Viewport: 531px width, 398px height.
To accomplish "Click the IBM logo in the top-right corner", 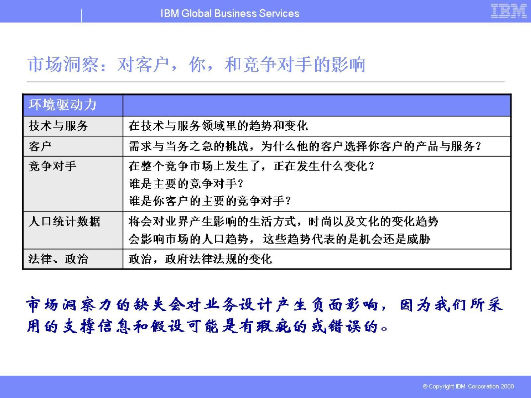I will (x=508, y=11).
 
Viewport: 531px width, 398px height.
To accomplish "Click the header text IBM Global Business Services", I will (x=230, y=13).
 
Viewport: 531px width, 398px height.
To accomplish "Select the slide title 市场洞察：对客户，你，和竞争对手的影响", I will (x=196, y=64).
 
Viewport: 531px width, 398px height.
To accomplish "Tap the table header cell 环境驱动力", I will (x=62, y=105).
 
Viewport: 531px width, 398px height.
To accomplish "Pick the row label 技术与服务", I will (x=58, y=126).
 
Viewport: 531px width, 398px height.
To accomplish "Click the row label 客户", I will (x=40, y=146).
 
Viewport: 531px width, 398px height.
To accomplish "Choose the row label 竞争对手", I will (x=52, y=166).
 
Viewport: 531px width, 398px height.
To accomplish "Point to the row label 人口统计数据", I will (x=64, y=221).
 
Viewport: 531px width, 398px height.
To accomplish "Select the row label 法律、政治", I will (x=58, y=259).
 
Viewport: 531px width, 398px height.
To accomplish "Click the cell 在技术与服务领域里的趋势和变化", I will (x=218, y=126).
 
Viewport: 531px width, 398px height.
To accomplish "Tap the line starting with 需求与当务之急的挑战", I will (x=305, y=146).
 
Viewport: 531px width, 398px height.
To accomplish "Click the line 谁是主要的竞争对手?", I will (x=186, y=183).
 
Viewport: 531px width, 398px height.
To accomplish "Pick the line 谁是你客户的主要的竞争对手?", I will (x=210, y=201).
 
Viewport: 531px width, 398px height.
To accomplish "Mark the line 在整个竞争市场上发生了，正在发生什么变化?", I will (x=252, y=166).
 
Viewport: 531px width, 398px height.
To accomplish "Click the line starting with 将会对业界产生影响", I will (x=283, y=221).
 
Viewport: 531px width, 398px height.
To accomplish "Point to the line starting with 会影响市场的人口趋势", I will (x=279, y=239).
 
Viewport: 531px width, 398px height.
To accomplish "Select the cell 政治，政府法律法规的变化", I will (x=200, y=259).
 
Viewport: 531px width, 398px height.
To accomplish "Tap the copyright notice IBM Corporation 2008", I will (x=468, y=386).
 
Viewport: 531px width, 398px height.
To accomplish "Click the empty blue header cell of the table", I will (x=317, y=105).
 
